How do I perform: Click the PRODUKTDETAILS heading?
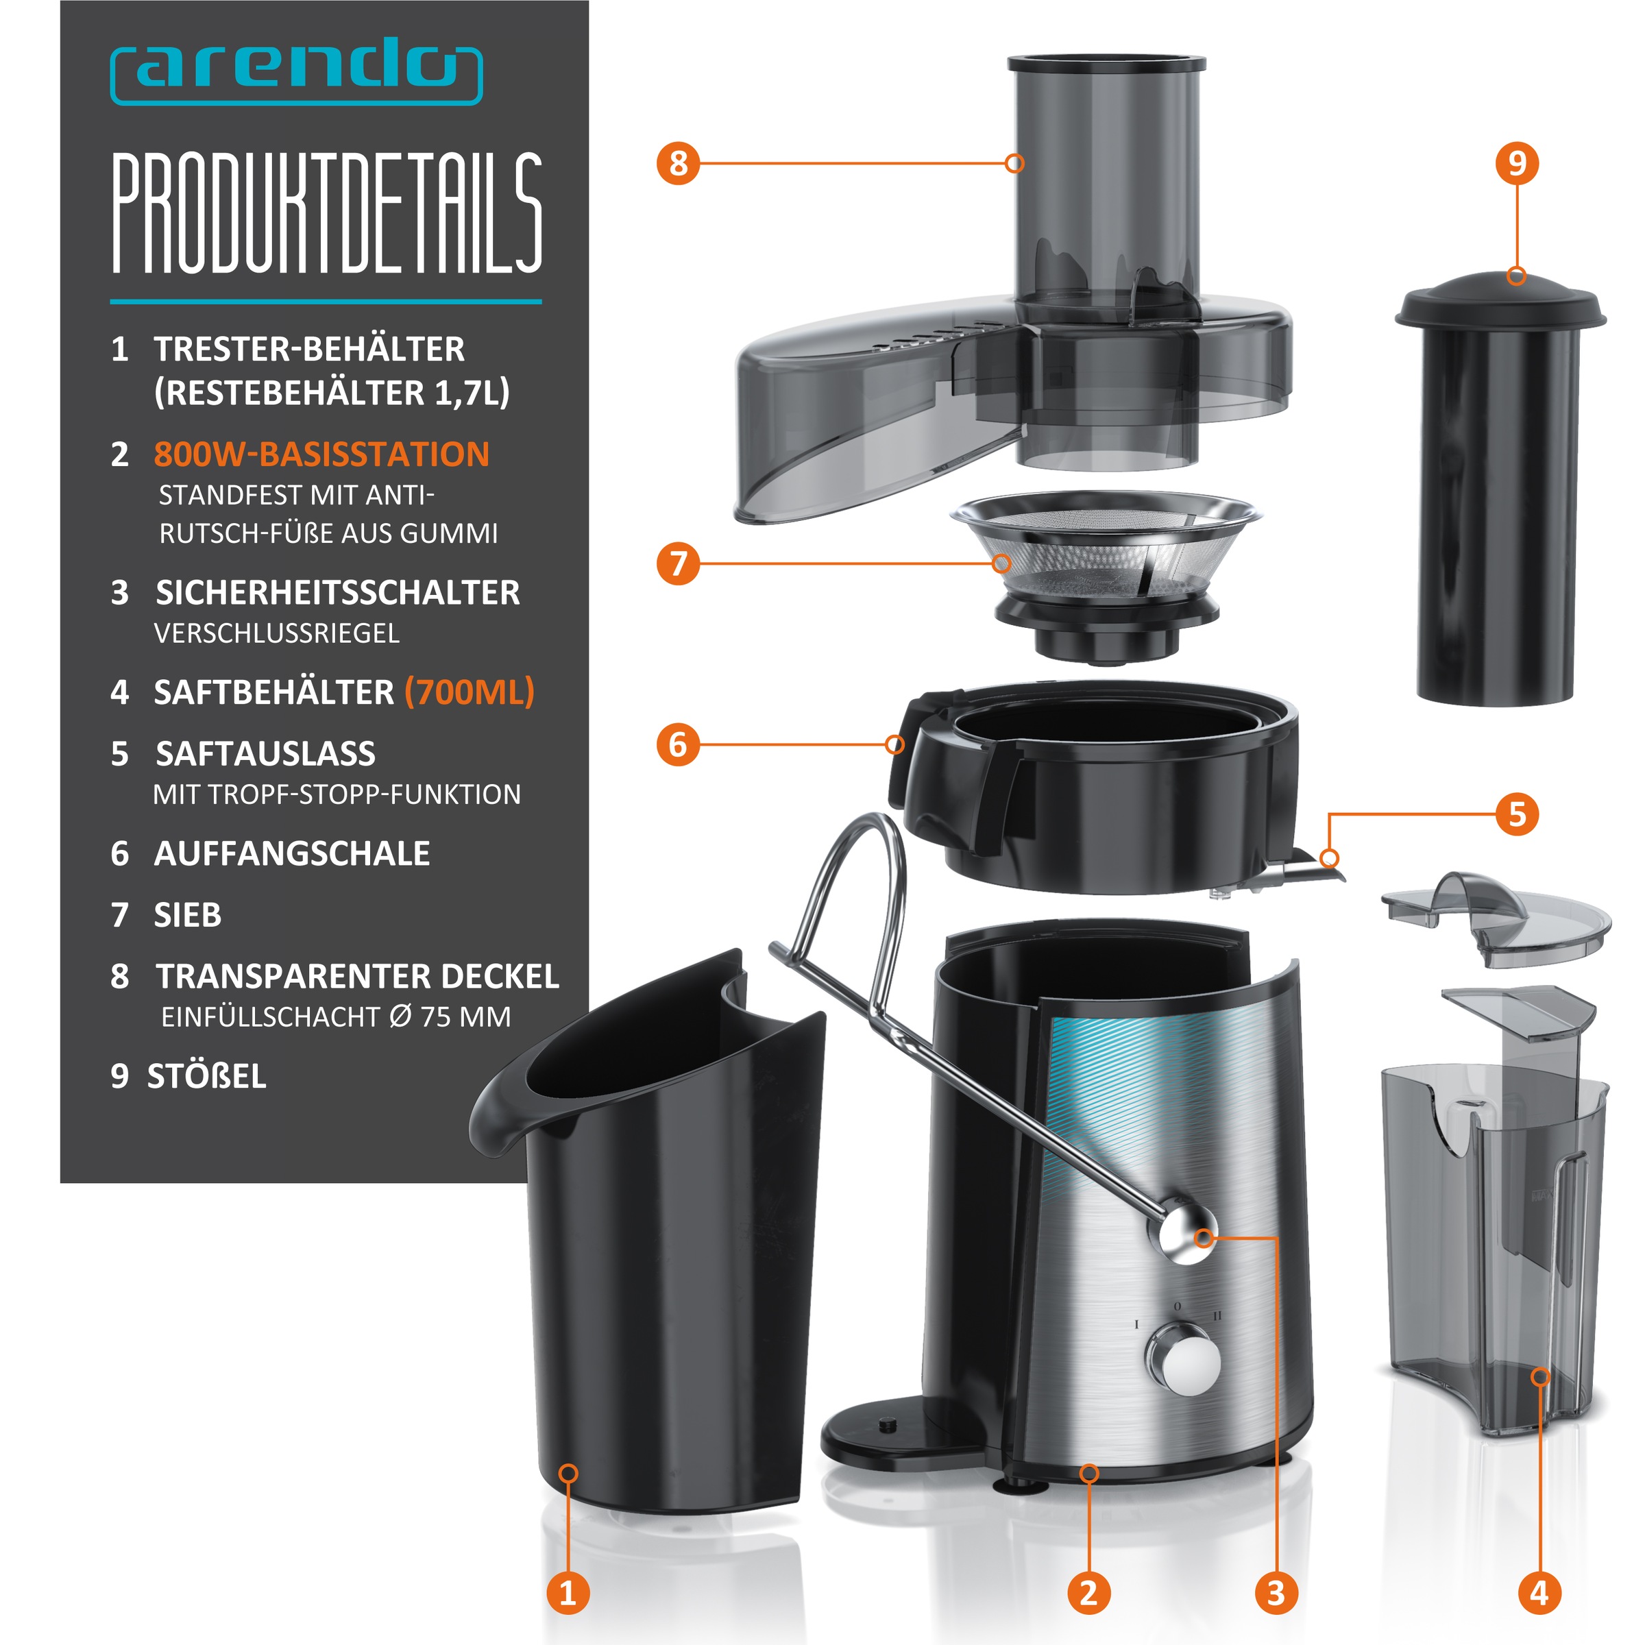tap(327, 214)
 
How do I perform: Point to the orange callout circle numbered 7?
tap(678, 563)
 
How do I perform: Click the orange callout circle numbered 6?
tap(678, 744)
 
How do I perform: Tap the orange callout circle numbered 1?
tap(568, 1592)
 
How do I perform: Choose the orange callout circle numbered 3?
tap(1276, 1592)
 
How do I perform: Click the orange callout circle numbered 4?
tap(1539, 1592)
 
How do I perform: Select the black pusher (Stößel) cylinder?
tap(1500, 488)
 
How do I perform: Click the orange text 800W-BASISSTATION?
tap(321, 454)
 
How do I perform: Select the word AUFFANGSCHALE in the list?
tap(291, 853)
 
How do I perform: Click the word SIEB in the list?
tap(187, 915)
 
